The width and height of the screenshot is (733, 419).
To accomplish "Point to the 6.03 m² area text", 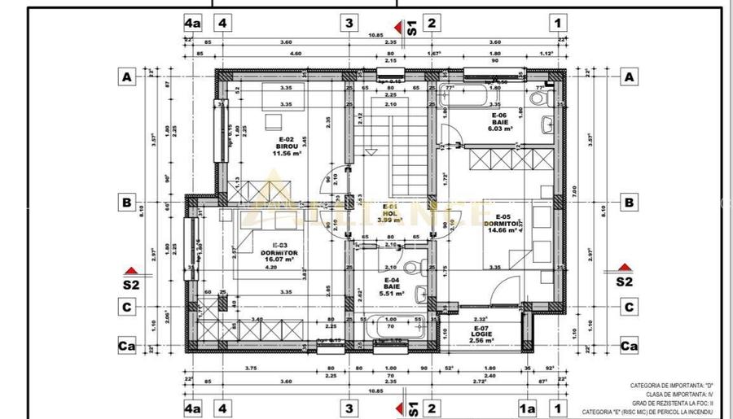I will click(499, 129).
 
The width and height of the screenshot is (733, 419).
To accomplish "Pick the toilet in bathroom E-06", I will click(538, 99).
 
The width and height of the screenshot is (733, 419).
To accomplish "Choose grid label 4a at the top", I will click(191, 23).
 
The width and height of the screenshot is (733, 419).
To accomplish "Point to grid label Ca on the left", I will click(126, 347).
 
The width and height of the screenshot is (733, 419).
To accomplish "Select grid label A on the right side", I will click(628, 77).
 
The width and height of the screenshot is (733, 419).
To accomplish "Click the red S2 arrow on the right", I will click(624, 268).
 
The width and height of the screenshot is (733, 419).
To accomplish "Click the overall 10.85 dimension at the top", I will click(375, 35).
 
